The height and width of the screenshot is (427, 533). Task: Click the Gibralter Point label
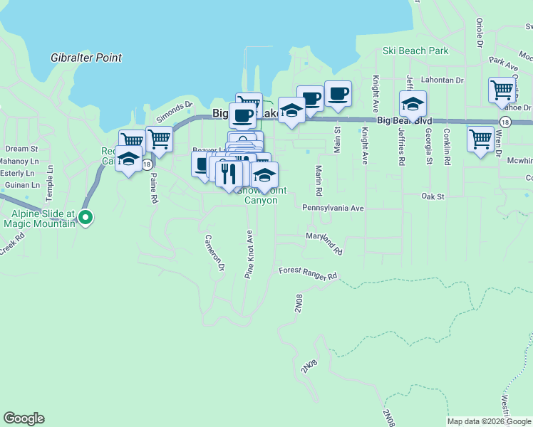pos(86,58)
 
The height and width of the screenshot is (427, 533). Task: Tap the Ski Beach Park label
pos(415,51)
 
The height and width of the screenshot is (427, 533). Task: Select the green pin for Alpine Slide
pos(86,218)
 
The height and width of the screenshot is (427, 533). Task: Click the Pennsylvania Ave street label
pos(333,209)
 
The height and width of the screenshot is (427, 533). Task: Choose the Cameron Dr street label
pos(215,253)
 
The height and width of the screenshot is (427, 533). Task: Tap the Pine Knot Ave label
pos(250,254)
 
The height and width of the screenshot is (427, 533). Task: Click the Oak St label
pos(433,196)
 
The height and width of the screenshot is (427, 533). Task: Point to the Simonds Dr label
pos(175,110)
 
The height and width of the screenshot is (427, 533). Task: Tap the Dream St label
pos(21,149)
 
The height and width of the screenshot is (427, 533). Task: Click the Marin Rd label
pos(319,181)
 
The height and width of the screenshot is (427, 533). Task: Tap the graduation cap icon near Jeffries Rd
pos(413,104)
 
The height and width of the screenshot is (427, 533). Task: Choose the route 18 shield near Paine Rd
pos(147,164)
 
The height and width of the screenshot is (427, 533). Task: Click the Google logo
pos(24,419)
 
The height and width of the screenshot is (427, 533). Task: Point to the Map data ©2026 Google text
pos(490,421)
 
